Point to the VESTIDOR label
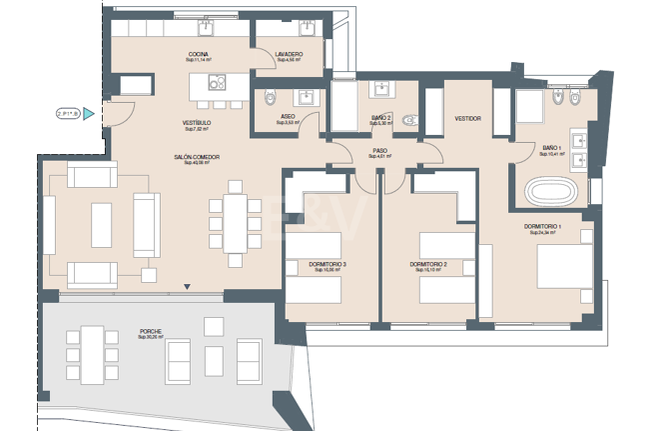tap(467, 118)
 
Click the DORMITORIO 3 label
tap(328, 264)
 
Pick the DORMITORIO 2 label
tap(426, 264)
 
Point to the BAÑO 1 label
tap(553, 147)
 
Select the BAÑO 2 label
tap(380, 117)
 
